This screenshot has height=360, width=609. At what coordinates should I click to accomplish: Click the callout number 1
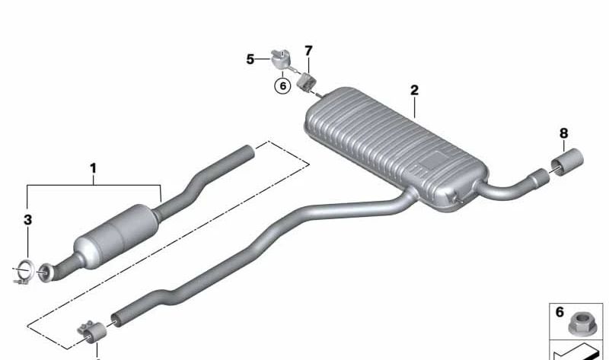pos(93,168)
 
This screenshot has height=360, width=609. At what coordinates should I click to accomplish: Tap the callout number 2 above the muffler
pos(414,90)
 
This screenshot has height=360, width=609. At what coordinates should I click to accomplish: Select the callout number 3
pos(27,220)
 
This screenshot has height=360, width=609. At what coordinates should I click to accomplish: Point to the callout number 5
pos(250,59)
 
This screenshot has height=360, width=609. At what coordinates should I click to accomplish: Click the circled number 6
pos(282,85)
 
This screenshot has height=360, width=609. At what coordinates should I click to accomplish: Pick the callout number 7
pos(308,51)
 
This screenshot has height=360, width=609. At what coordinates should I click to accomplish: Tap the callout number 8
pos(563,134)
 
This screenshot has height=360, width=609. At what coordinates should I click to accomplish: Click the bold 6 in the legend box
pos(560,312)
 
